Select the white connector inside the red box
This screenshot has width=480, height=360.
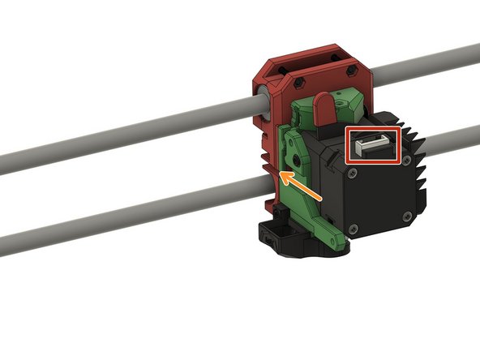tap(372, 147)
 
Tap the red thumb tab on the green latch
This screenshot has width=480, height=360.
tap(323, 109)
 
